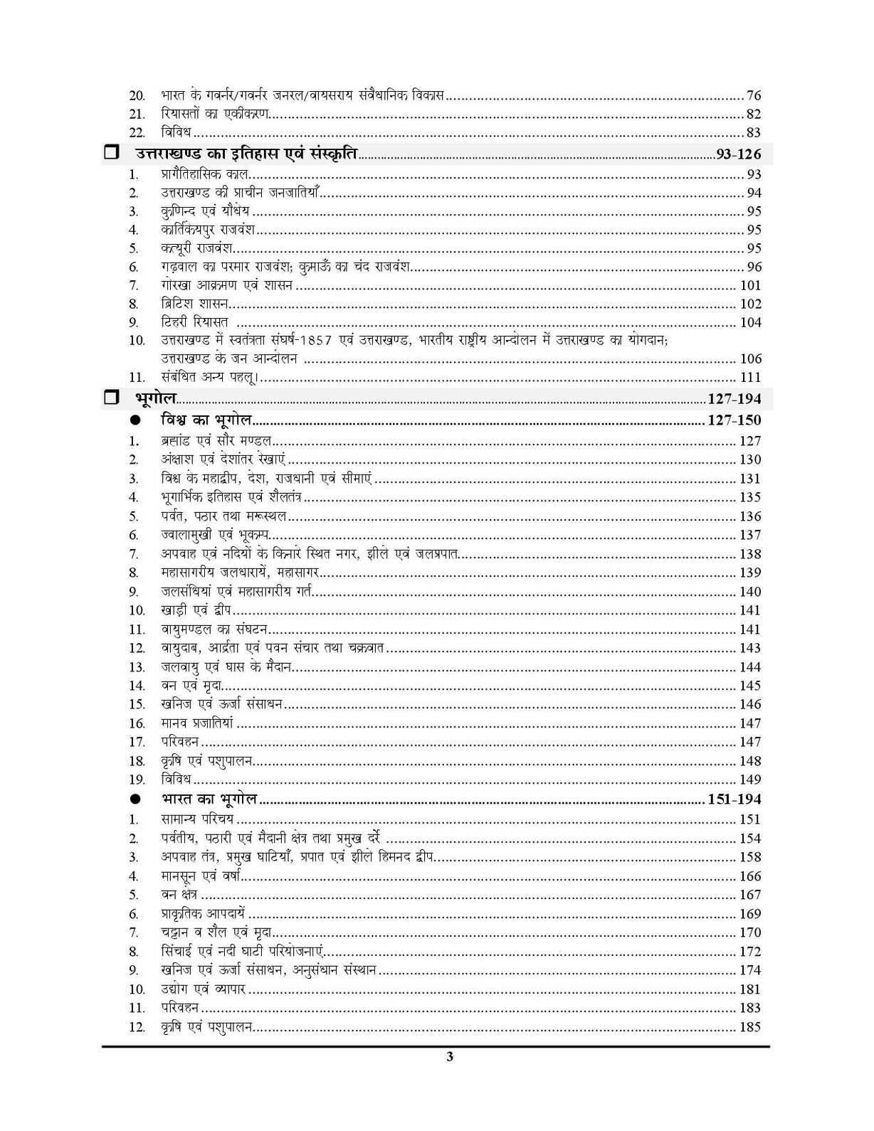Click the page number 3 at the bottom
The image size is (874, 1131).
click(x=449, y=1056)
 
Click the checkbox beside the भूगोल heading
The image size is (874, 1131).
click(x=110, y=398)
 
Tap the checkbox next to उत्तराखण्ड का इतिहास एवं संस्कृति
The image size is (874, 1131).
click(x=110, y=153)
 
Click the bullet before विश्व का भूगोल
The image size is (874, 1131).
click(x=135, y=420)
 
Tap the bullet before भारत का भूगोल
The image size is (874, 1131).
click(x=135, y=800)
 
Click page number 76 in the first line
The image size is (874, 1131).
click(x=753, y=95)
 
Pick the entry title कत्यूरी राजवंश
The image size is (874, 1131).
click(x=196, y=248)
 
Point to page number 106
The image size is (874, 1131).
click(x=750, y=359)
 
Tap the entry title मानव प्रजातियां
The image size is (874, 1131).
click(x=197, y=723)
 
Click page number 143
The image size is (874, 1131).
click(x=750, y=648)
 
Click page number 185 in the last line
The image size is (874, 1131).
click(x=750, y=1027)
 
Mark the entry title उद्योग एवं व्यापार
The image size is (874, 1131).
click(x=203, y=989)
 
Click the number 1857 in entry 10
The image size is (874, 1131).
click(x=311, y=341)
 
